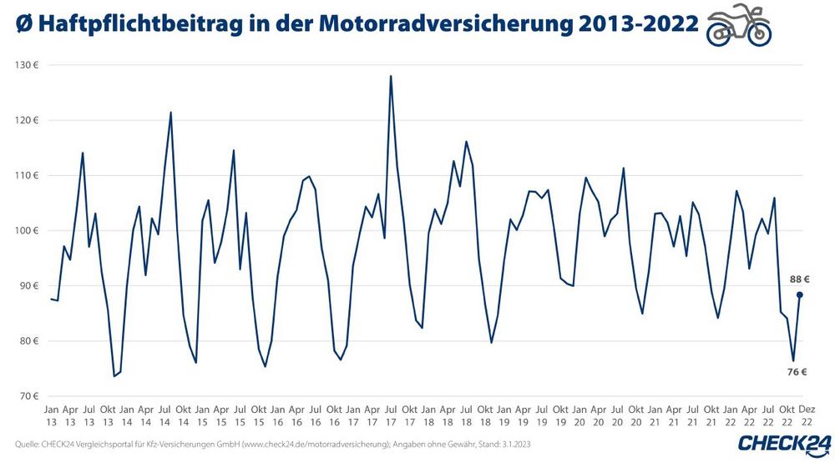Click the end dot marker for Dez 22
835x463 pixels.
pos(800,294)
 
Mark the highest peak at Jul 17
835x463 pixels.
pos(391,76)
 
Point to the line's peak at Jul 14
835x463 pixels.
pos(171,112)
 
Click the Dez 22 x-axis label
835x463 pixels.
pos(807,415)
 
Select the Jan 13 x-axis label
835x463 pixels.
pos(51,415)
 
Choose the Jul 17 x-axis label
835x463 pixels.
pos(391,415)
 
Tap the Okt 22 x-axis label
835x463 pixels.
pos(787,415)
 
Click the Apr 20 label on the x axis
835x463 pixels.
pos(599,415)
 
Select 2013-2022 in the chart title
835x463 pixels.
pos(632,26)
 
